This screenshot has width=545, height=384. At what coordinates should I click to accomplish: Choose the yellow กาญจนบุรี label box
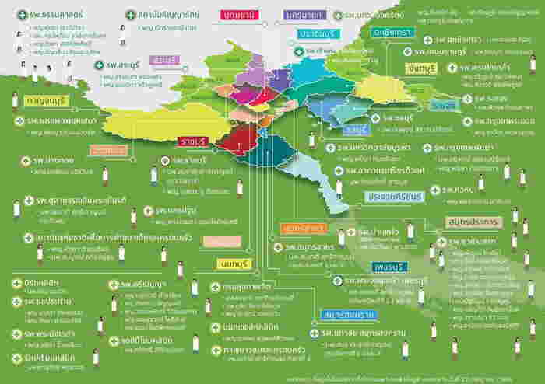(47, 101)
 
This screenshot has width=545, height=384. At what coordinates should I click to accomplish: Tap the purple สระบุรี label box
(165, 59)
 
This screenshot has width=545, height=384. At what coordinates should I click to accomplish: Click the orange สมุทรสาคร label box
(304, 229)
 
